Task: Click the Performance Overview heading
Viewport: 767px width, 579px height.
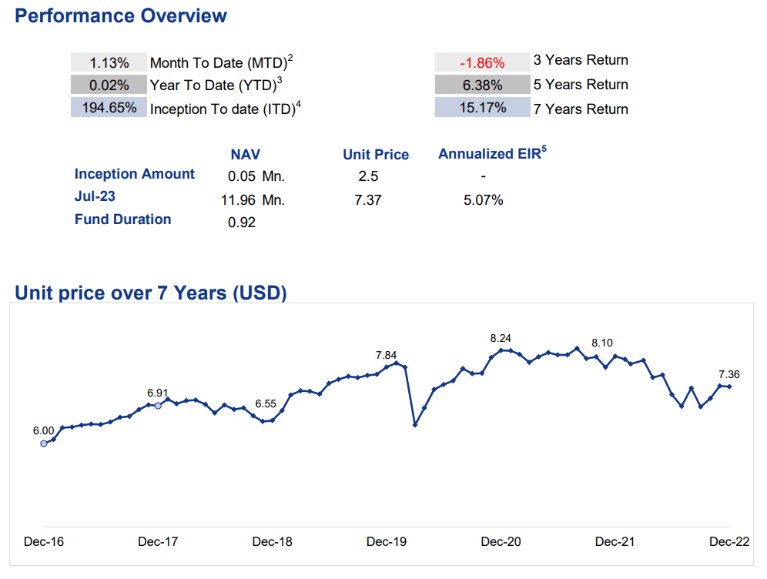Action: pyautogui.click(x=121, y=15)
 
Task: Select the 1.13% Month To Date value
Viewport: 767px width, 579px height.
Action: pyautogui.click(x=109, y=63)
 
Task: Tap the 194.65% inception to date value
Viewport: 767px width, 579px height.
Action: pyautogui.click(x=109, y=108)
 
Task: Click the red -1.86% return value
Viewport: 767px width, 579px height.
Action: pyautogui.click(x=482, y=63)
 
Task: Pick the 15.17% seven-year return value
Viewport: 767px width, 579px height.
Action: pyautogui.click(x=483, y=108)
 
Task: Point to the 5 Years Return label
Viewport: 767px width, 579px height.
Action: pyautogui.click(x=581, y=85)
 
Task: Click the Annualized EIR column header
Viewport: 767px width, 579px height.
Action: pyautogui.click(x=492, y=153)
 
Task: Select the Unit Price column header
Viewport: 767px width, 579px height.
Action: pyautogui.click(x=376, y=155)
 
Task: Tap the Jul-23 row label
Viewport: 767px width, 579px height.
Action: pyautogui.click(x=95, y=196)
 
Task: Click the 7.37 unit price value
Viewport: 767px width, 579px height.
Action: pyautogui.click(x=368, y=200)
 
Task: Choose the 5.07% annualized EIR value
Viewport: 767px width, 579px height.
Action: pyautogui.click(x=484, y=200)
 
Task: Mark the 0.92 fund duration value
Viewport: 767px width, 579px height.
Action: pyautogui.click(x=242, y=223)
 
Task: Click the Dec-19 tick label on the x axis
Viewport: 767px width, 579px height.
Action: pyautogui.click(x=387, y=542)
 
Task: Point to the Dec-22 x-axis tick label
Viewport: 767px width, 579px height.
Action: pyautogui.click(x=729, y=542)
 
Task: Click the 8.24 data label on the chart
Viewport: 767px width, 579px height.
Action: pyautogui.click(x=501, y=339)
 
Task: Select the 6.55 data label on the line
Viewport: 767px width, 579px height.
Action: pyautogui.click(x=266, y=404)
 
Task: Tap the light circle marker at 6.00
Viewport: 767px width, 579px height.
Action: pyautogui.click(x=44, y=443)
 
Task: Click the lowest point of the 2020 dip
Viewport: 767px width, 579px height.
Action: pyautogui.click(x=415, y=425)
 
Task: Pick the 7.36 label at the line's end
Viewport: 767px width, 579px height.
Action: pyautogui.click(x=728, y=375)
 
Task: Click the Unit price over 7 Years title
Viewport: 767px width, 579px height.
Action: pyautogui.click(x=151, y=293)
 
